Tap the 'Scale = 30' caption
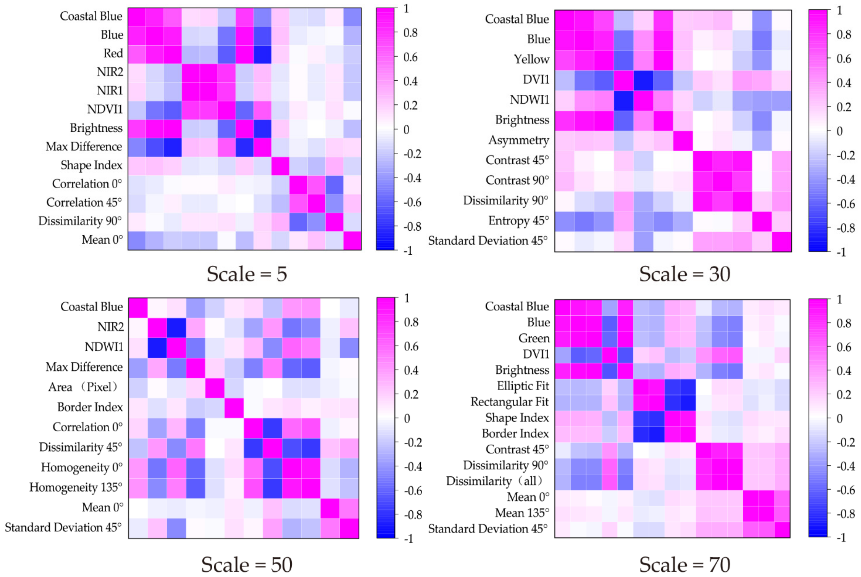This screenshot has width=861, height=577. tap(684, 274)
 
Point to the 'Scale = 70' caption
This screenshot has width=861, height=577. tap(684, 565)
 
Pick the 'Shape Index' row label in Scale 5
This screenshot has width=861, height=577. tap(91, 165)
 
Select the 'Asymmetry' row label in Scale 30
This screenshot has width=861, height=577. tap(519, 140)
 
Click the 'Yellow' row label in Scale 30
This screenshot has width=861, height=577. tap(531, 59)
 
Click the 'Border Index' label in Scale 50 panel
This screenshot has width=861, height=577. tap(90, 407)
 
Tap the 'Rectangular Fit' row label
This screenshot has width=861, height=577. tap(510, 402)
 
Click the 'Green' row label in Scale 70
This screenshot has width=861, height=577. tap(534, 338)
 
